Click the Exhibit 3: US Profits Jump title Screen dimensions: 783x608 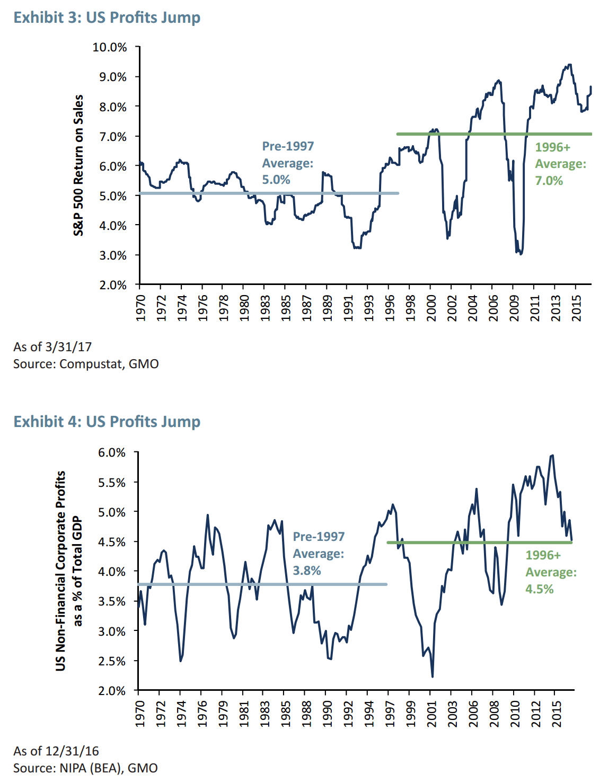click(x=107, y=17)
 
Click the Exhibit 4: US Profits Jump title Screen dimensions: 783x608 click(x=107, y=422)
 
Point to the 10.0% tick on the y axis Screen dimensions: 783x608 click(x=110, y=47)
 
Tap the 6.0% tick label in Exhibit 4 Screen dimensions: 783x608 click(x=112, y=453)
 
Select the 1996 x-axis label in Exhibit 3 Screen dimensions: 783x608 click(x=390, y=308)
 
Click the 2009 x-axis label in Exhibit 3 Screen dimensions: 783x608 click(x=514, y=308)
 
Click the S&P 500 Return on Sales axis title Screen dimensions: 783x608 click(x=78, y=165)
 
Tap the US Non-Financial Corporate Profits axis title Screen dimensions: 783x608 click(x=61, y=571)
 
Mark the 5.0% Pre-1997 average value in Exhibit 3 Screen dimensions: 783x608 click(x=276, y=180)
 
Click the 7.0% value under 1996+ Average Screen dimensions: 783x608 click(x=549, y=181)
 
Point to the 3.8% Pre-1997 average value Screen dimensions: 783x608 click(x=307, y=571)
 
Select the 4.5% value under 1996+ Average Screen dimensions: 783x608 click(x=539, y=589)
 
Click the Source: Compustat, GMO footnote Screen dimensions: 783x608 click(x=86, y=364)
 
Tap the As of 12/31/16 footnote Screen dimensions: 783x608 click(x=56, y=751)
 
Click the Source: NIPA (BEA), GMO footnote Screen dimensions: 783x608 click(x=85, y=768)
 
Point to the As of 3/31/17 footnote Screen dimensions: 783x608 click(x=52, y=347)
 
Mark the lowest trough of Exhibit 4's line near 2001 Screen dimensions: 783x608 click(x=433, y=677)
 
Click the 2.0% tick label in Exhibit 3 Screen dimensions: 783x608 click(x=110, y=286)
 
